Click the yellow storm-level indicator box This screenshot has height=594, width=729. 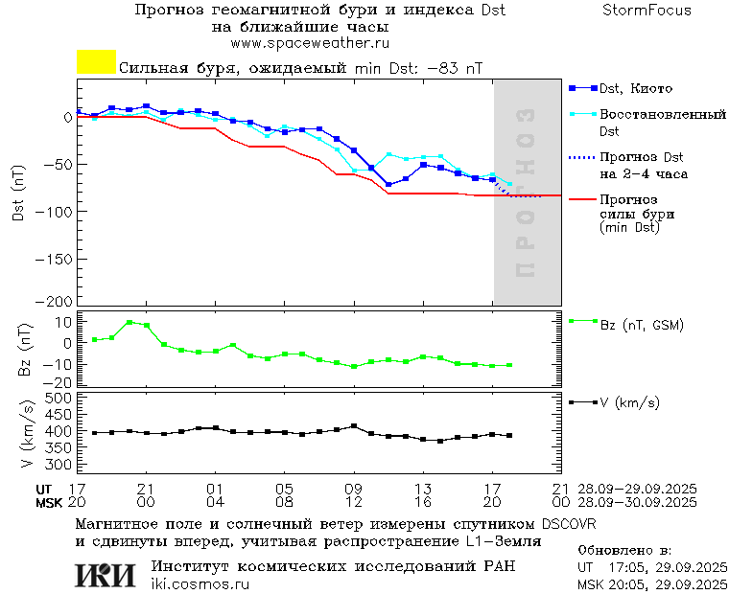pyautogui.click(x=96, y=62)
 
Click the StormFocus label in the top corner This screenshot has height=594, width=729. pyautogui.click(x=647, y=11)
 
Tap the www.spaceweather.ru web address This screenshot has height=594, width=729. pyautogui.click(x=310, y=43)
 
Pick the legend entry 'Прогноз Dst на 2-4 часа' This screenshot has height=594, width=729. pyautogui.click(x=641, y=165)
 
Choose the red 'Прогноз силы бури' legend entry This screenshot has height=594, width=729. pyautogui.click(x=635, y=214)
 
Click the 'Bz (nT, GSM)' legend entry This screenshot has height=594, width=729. pyautogui.click(x=641, y=325)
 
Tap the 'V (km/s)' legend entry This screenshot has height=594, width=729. pyautogui.click(x=629, y=402)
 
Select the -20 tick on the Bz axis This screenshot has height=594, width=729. pyautogui.click(x=61, y=382)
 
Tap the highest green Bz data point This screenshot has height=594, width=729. pyautogui.click(x=129, y=323)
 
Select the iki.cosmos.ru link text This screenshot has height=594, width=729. pyautogui.click(x=200, y=584)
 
